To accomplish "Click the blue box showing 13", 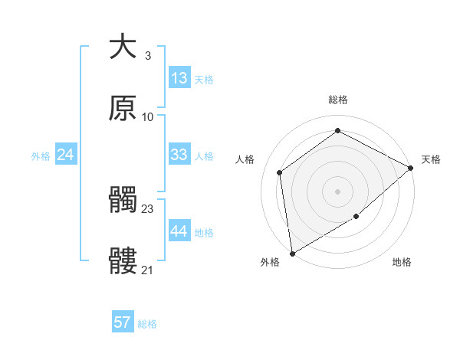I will [179, 78].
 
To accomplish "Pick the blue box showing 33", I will [179, 155].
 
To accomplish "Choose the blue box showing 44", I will [179, 231].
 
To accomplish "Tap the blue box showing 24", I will [66, 155].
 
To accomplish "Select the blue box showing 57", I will [123, 322].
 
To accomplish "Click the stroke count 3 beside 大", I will [147, 55].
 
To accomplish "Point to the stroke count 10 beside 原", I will [148, 116].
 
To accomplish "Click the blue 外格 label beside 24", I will [41, 156].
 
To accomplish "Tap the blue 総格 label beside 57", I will [147, 324].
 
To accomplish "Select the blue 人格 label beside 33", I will [204, 156].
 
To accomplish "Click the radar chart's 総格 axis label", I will [337, 100].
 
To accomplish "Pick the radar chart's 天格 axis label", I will [431, 159].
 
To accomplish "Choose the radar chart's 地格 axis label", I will [402, 263].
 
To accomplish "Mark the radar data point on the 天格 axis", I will [412, 168].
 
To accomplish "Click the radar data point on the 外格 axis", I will [292, 253].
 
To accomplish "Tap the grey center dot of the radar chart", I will [337, 191].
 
